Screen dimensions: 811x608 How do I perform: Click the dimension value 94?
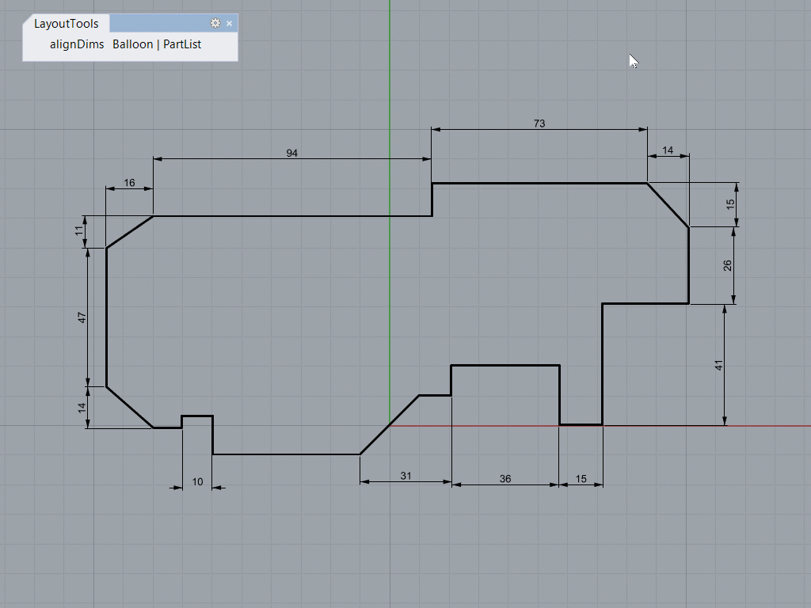click(x=292, y=153)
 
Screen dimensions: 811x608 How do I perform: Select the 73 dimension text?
click(x=539, y=123)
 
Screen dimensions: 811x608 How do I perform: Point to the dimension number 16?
click(x=129, y=183)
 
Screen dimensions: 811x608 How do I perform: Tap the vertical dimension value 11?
click(x=79, y=231)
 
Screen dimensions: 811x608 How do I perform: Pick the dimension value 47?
click(x=82, y=317)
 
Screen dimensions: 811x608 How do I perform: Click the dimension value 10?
click(x=197, y=481)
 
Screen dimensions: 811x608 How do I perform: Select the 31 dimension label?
click(x=405, y=476)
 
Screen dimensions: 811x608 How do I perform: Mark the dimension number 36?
click(x=505, y=479)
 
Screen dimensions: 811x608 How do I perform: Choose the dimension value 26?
click(x=728, y=265)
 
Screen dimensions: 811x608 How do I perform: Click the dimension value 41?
click(x=719, y=365)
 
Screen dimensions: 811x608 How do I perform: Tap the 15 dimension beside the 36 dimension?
click(x=581, y=479)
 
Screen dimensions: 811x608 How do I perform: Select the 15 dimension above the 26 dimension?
click(x=731, y=203)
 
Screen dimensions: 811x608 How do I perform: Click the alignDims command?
click(x=77, y=44)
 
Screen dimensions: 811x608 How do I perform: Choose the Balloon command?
click(x=132, y=44)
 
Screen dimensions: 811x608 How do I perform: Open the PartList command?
click(x=182, y=44)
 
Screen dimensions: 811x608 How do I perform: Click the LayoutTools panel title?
click(x=67, y=24)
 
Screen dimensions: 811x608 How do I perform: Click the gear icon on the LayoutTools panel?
click(x=215, y=24)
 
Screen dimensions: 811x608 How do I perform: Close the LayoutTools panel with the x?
click(x=230, y=24)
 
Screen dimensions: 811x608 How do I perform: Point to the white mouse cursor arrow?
click(x=634, y=61)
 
